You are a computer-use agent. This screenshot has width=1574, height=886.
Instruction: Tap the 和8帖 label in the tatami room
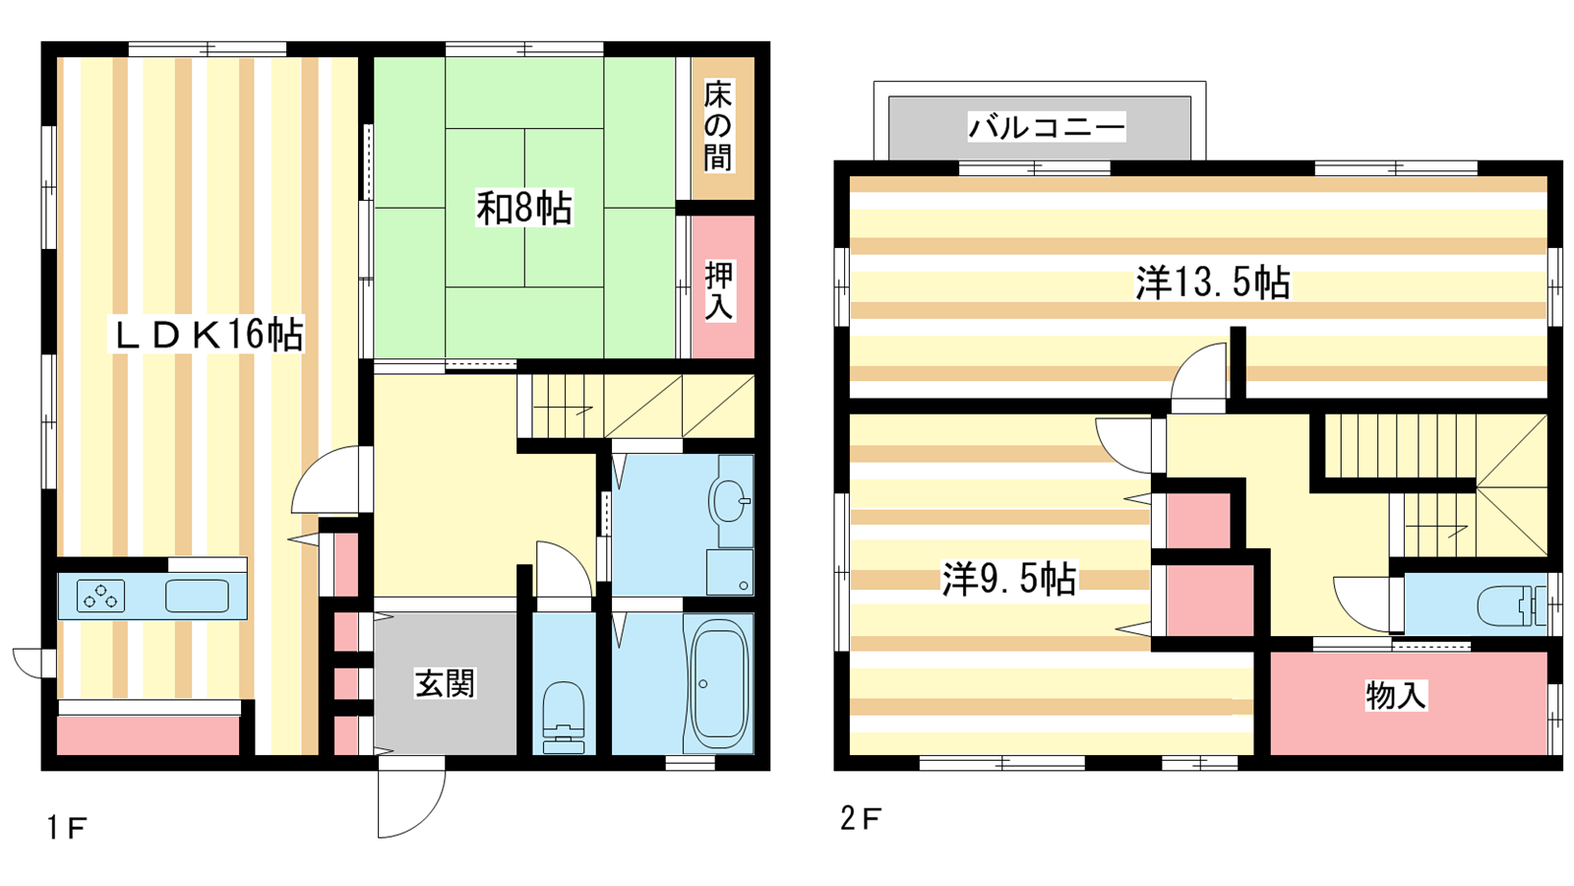click(524, 208)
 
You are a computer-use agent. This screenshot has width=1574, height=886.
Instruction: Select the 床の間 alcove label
click(718, 126)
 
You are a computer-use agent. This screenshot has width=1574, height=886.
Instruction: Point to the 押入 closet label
click(719, 290)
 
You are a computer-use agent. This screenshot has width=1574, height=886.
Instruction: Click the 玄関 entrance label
click(445, 683)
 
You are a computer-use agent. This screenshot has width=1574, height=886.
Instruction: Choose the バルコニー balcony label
click(1047, 127)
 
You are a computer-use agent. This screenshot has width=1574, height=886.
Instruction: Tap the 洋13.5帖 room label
click(1212, 284)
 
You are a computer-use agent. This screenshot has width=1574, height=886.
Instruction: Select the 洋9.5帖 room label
click(1009, 580)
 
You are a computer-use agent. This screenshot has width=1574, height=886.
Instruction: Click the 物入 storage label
click(1396, 695)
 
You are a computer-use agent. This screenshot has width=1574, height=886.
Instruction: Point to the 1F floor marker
click(66, 828)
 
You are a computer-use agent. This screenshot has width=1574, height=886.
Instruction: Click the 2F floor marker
click(860, 818)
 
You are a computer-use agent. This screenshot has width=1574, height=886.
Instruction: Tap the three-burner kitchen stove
click(100, 597)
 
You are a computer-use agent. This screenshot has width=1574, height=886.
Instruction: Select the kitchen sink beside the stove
click(197, 597)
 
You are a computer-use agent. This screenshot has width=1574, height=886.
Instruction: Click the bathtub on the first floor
click(718, 683)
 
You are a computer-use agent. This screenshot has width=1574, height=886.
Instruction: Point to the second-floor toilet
click(1511, 605)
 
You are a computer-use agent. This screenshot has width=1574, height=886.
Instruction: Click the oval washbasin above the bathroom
click(729, 501)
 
